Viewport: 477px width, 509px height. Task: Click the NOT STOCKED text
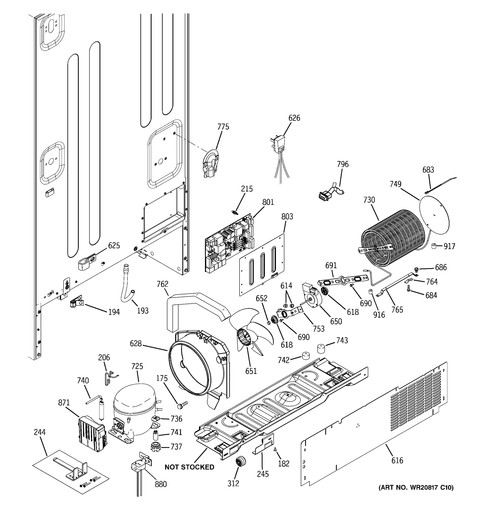tap(189, 467)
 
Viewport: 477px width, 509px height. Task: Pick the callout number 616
tap(397, 461)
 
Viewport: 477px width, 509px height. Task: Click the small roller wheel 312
tap(241, 461)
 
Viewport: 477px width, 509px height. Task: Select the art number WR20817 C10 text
tap(416, 488)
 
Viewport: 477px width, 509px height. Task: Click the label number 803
tap(287, 217)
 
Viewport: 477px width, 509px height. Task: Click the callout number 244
tap(40, 432)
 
